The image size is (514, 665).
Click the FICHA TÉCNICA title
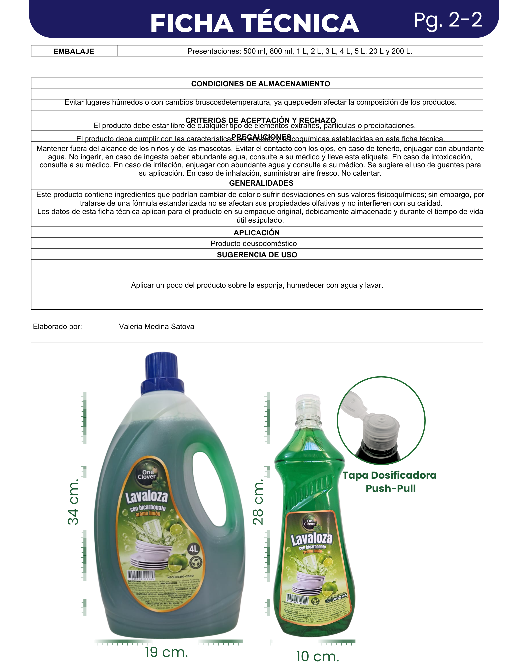[x=255, y=23]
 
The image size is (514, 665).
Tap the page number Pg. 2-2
[x=448, y=20]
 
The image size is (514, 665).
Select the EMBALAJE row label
[x=74, y=51]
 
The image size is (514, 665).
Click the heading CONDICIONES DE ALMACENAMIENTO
[x=260, y=84]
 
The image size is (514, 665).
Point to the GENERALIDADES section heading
[x=261, y=183]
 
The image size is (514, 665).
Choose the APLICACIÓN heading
[x=257, y=233]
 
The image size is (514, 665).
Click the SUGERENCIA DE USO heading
[x=257, y=255]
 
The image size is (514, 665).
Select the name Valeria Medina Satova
[x=156, y=327]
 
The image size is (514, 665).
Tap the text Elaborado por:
[x=57, y=327]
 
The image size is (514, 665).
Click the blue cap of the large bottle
[x=162, y=374]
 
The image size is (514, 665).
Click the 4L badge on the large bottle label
[x=193, y=549]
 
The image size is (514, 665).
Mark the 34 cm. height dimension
[x=73, y=502]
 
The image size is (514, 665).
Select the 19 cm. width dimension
[x=166, y=652]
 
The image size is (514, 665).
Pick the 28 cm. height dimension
[x=258, y=502]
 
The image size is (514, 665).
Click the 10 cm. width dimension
[x=317, y=656]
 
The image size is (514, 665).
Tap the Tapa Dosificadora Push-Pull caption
[x=390, y=482]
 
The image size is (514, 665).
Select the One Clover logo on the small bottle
[x=310, y=522]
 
